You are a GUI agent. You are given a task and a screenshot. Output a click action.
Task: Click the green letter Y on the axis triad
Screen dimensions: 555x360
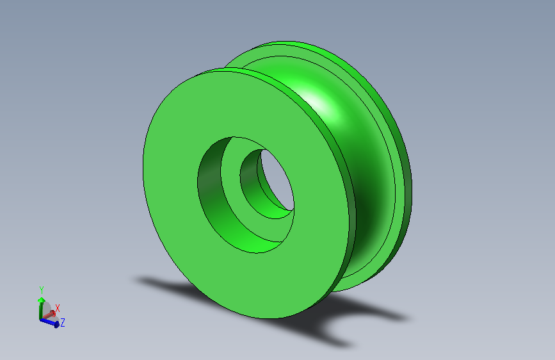click(42, 290)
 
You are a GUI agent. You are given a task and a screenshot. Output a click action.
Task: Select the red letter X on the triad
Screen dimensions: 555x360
click(58, 308)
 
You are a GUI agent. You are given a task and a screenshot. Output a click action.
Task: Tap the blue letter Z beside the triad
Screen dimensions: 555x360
click(63, 322)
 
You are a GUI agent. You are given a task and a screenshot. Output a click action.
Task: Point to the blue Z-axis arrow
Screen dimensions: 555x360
click(49, 322)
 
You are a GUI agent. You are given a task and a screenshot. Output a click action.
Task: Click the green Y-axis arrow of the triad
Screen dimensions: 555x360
click(41, 308)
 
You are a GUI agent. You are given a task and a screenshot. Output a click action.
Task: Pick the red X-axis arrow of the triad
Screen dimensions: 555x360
click(48, 315)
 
